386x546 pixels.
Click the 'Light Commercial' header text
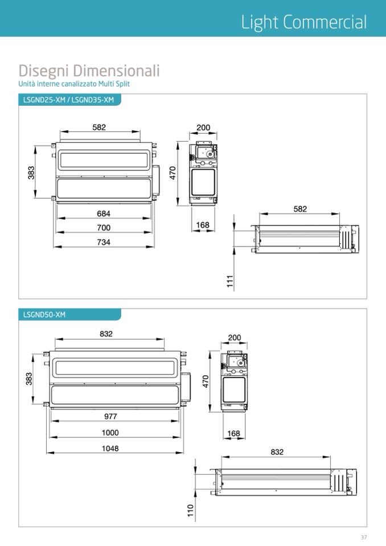tap(304, 22)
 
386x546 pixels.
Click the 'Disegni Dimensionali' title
tap(89, 71)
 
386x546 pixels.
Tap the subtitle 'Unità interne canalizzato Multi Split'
tap(74, 84)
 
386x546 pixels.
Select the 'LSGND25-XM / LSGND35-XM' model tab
tap(68, 100)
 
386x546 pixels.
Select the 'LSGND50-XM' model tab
tap(44, 315)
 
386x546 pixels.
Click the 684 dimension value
tap(104, 214)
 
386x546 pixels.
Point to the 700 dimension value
tap(104, 228)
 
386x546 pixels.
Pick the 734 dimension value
tap(104, 242)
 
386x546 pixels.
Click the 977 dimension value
tap(110, 416)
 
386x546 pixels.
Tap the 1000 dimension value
tap(110, 433)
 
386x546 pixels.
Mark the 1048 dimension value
tap(110, 449)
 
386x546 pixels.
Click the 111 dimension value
tap(230, 281)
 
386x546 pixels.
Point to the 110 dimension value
tap(190, 511)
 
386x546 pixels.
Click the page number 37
tap(364, 537)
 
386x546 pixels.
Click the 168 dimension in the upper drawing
tap(203, 225)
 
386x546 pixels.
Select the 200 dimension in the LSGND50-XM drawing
tap(235, 338)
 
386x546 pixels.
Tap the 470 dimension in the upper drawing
tap(173, 173)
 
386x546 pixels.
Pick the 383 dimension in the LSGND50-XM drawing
tap(29, 379)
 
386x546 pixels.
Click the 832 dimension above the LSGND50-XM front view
tap(106, 334)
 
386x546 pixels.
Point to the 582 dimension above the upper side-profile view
tap(300, 209)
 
